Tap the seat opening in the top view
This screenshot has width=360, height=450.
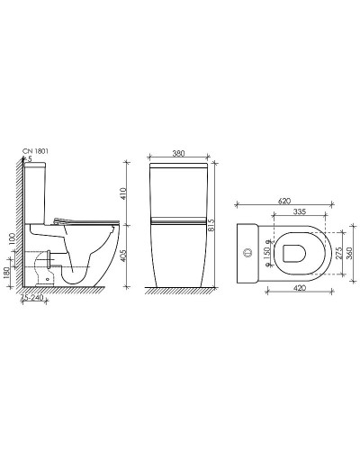click(x=292, y=253)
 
